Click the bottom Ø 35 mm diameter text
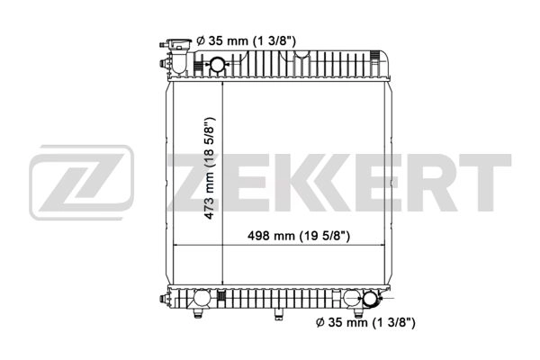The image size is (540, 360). pos(364,321)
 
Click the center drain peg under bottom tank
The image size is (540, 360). pos(277,314)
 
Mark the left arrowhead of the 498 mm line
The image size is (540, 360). pos(176,245)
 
